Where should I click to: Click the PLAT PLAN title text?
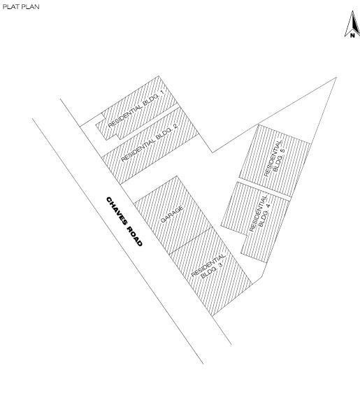click(21, 7)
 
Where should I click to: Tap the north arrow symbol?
click(352, 24)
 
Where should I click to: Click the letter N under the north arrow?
click(352, 36)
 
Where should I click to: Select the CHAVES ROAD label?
click(124, 221)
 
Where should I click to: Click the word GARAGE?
click(172, 214)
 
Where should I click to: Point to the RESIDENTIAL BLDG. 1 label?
click(136, 108)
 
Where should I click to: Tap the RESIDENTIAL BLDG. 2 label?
click(149, 143)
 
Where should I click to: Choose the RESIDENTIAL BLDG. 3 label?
click(209, 266)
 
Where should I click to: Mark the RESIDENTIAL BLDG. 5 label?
click(275, 158)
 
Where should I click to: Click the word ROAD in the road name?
click(135, 236)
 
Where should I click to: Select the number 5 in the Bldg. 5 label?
click(282, 150)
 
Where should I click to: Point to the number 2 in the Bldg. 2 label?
click(175, 126)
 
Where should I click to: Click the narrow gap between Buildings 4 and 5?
click(264, 189)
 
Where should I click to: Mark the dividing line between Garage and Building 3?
click(191, 241)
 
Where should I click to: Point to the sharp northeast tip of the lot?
click(336, 78)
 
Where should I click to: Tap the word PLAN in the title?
click(31, 7)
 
